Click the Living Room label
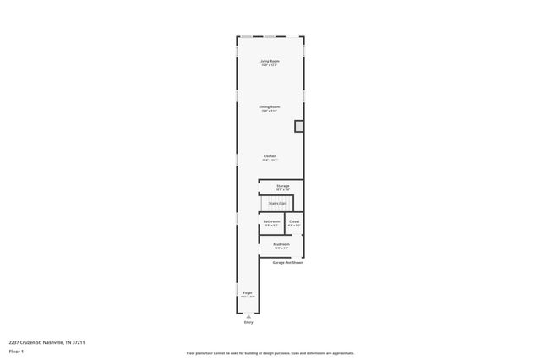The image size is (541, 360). pyautogui.click(x=270, y=61)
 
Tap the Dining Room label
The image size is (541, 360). pyautogui.click(x=270, y=106)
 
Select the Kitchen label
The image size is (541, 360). pyautogui.click(x=270, y=156)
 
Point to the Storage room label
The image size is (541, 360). pyautogui.click(x=282, y=186)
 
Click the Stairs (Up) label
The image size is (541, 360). pyautogui.click(x=276, y=203)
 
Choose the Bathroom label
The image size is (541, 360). pyautogui.click(x=272, y=221)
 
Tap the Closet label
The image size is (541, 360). pyautogui.click(x=294, y=221)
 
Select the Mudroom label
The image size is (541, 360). pyautogui.click(x=281, y=244)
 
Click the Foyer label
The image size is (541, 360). pyautogui.click(x=248, y=292)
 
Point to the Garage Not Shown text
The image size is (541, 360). pyautogui.click(x=287, y=262)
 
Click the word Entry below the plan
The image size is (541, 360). pyautogui.click(x=249, y=322)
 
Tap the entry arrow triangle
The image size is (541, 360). pyautogui.click(x=249, y=315)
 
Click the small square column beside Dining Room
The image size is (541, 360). pyautogui.click(x=298, y=126)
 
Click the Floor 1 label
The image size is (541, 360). pyautogui.click(x=16, y=351)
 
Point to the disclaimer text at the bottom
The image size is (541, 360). pyautogui.click(x=270, y=353)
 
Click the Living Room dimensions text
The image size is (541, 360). pyautogui.click(x=270, y=65)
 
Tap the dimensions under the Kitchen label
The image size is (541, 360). pyautogui.click(x=270, y=161)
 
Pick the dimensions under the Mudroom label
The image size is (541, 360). pyautogui.click(x=281, y=248)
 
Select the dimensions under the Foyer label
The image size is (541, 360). pyautogui.click(x=248, y=297)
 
